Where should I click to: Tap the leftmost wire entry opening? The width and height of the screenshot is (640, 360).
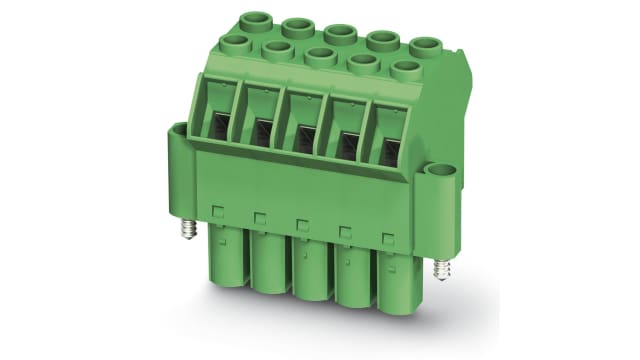[217, 126]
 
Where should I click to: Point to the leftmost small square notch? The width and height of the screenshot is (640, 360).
[217, 211]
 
